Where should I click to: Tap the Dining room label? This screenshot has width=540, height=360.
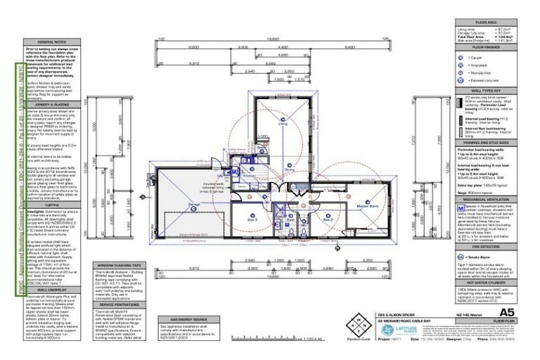(289, 169)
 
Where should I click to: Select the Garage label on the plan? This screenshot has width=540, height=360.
(194, 205)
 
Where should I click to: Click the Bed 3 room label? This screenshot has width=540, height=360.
(252, 219)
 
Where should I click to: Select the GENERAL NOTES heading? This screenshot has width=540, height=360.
(51, 41)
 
